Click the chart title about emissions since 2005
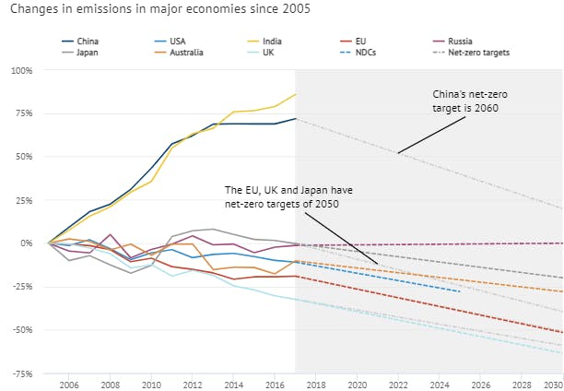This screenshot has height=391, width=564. click(x=156, y=9)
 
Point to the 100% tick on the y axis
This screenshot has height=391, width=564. click(x=21, y=70)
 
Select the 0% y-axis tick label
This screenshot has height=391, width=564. click(x=26, y=243)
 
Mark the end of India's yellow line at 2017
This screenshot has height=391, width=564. click(x=296, y=94)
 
